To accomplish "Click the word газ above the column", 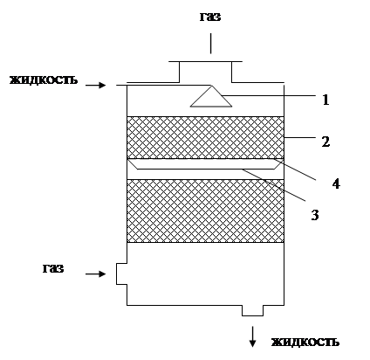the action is pos(210,17).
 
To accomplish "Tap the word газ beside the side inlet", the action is pos(53,268).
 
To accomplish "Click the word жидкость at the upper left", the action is pos(44,80).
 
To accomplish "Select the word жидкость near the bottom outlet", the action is pos(305,342).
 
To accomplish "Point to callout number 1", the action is pos(325,100).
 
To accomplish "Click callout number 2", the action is pos(325,142).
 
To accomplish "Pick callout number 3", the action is pos(315,215).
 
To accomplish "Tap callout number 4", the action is pos(336,183).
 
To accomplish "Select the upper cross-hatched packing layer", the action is pos(205,137).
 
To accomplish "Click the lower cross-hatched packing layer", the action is pos(205,211).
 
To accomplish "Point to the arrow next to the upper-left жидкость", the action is pos(96,85).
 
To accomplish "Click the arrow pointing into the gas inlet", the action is pos(96,273).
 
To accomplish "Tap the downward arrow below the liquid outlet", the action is pos(252,337).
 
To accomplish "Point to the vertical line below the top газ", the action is pos(211,44).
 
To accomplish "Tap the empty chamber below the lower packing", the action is pos(205,273).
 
